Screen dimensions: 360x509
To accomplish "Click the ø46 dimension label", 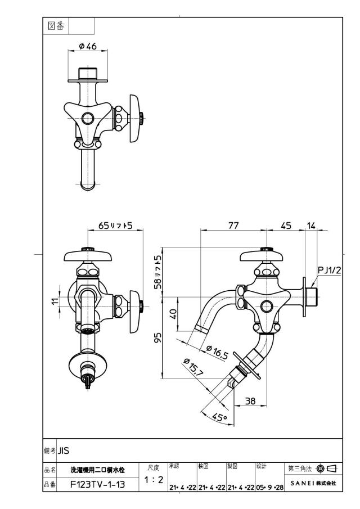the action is click(88, 46).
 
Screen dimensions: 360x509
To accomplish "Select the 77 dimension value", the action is click(233, 226).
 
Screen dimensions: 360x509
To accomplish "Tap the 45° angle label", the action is click(220, 417).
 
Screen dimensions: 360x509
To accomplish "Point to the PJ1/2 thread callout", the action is click(330, 270).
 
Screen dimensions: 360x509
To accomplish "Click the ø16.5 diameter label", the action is click(217, 353).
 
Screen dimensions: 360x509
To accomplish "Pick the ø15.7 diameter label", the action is click(193, 367).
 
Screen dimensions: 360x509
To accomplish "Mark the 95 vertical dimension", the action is click(157, 338).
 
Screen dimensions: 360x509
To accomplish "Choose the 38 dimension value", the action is click(250, 401).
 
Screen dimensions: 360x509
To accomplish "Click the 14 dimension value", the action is click(311, 226).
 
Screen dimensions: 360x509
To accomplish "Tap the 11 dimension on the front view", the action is click(56, 300).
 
